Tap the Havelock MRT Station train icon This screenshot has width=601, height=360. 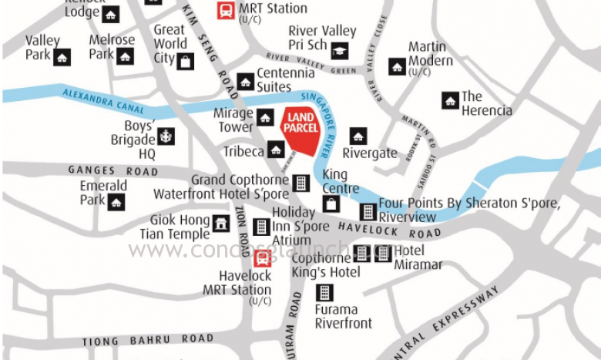pyautogui.click(x=262, y=257)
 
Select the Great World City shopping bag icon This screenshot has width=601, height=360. pyautogui.click(x=185, y=61)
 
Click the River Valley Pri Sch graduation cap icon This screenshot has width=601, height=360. pyautogui.click(x=340, y=51)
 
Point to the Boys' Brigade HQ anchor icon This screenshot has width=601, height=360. pyautogui.click(x=166, y=136)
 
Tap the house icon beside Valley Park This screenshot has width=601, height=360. pyautogui.click(x=62, y=56)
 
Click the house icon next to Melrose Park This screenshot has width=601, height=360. pyautogui.click(x=125, y=56)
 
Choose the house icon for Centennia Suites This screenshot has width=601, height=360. pyautogui.click(x=246, y=80)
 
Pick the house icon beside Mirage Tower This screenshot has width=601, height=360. pyautogui.click(x=265, y=118)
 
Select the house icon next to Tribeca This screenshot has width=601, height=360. pyautogui.click(x=276, y=150)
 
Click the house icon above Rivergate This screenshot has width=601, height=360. pyautogui.click(x=358, y=136)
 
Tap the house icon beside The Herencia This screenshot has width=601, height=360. pyautogui.click(x=450, y=100)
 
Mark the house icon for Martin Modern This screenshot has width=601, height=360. pyautogui.click(x=397, y=66)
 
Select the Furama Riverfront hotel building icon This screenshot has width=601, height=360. pyautogui.click(x=325, y=292)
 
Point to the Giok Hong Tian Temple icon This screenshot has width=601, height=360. pyautogui.click(x=222, y=224)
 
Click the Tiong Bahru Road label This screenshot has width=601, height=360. pyautogui.click(x=149, y=339)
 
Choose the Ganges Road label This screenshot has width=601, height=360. pyautogui.click(x=102, y=170)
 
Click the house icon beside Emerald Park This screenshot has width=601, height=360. pyautogui.click(x=116, y=202)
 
